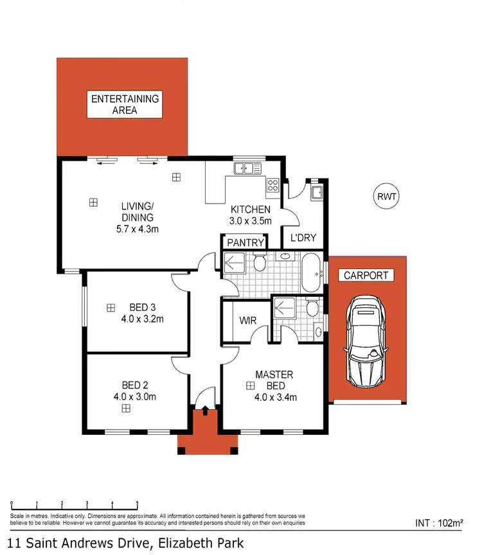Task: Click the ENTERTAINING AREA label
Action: click(x=123, y=105)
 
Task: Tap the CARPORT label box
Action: click(x=366, y=276)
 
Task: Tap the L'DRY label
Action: click(x=303, y=238)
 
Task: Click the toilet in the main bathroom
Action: click(x=260, y=263)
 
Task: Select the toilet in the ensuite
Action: click(x=312, y=309)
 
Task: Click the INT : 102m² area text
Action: click(x=440, y=523)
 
